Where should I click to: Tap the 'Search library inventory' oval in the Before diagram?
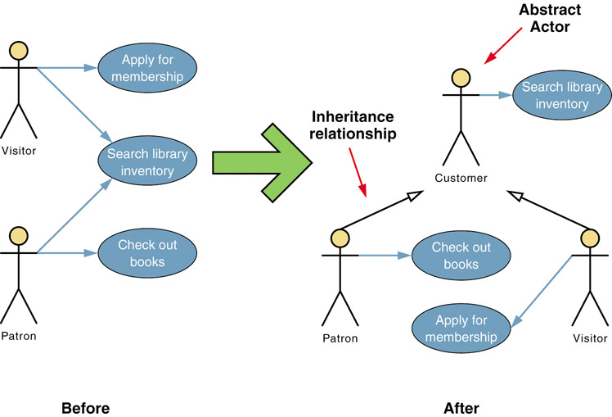coord(146,161)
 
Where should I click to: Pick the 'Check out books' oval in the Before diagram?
coord(146,252)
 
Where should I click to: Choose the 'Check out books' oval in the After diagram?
coord(461,255)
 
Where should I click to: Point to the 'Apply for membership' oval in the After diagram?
coord(461,328)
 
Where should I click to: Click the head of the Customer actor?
coord(461,79)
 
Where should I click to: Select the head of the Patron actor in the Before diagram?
coord(19,237)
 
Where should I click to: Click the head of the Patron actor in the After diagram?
coord(340,238)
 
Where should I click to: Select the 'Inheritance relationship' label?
coord(351,125)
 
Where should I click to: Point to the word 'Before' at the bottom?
coord(85,407)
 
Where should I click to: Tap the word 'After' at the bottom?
coord(461,407)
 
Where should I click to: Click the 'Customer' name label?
coord(461,178)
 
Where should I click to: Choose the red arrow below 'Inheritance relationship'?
coord(358,169)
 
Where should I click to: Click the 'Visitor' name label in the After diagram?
coord(589,338)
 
